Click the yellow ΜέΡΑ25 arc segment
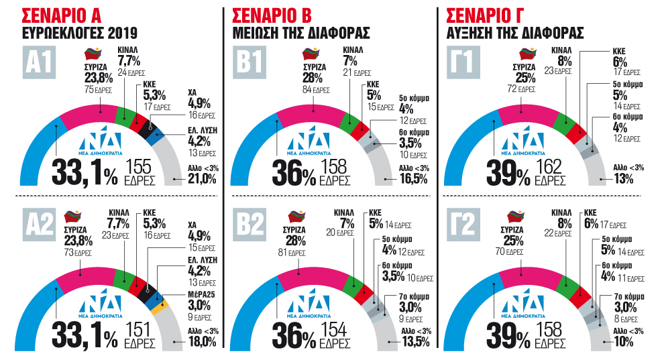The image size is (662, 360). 159,310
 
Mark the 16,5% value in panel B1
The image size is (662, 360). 412,179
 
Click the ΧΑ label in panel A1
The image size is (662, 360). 193,92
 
